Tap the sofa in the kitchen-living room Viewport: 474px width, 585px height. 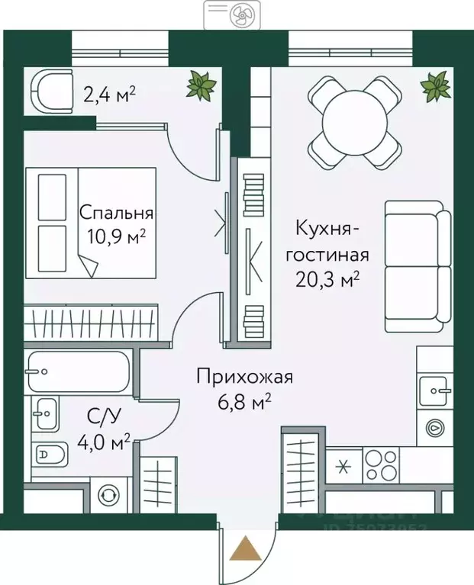pyautogui.click(x=413, y=265)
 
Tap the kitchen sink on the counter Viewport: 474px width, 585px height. pyautogui.click(x=439, y=391)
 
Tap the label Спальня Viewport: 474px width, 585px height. pyautogui.click(x=116, y=214)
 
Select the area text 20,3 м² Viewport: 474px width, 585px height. pyautogui.click(x=327, y=279)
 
